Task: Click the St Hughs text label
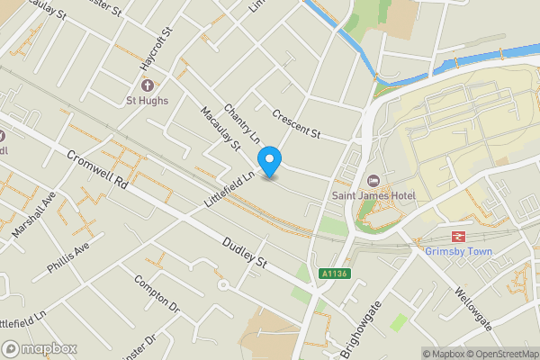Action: pyautogui.click(x=146, y=100)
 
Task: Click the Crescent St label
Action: pyautogui.click(x=295, y=124)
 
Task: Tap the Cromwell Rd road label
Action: pyautogui.click(x=96, y=168)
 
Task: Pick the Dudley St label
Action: pyautogui.click(x=245, y=249)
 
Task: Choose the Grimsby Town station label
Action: pyautogui.click(x=459, y=251)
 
